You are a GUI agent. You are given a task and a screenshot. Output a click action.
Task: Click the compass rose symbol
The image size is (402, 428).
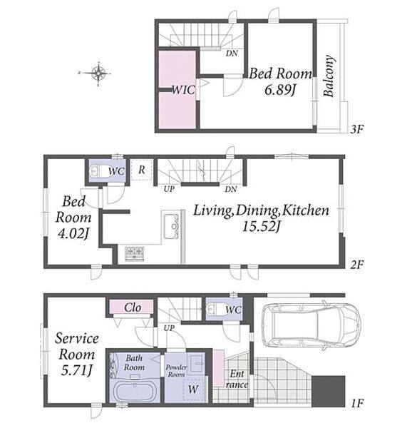click(98, 73)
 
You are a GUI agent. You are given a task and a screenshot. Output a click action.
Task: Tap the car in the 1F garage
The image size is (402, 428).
click(311, 324)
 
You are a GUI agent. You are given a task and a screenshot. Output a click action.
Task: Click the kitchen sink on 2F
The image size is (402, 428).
click(171, 226)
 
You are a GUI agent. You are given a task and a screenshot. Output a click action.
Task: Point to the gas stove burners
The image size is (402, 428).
click(135, 254)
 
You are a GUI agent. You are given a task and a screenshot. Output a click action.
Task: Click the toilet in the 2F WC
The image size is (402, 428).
click(99, 171)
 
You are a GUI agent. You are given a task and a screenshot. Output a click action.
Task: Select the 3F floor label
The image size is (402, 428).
click(357, 129)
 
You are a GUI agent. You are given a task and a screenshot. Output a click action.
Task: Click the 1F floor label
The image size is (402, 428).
click(357, 403)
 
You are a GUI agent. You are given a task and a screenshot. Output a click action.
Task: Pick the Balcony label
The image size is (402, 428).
click(329, 76)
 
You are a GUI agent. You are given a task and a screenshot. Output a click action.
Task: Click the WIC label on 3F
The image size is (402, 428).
click(183, 90)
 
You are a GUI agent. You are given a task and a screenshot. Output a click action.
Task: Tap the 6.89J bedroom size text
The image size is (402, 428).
click(280, 90)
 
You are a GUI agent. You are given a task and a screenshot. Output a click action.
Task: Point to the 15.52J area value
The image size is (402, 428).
click(262, 226)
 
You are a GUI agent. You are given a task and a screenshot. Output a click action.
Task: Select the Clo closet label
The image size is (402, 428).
click(133, 307)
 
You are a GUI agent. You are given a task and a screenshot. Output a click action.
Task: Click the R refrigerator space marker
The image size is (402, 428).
click(142, 170)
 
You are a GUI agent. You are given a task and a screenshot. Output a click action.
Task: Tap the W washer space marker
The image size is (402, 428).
click(193, 389)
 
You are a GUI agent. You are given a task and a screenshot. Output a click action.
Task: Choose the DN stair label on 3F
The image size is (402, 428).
click(232, 53)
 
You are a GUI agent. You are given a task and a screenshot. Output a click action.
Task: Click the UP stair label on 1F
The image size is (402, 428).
click(169, 327)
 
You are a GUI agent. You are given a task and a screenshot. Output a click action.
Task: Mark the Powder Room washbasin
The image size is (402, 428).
click(197, 363)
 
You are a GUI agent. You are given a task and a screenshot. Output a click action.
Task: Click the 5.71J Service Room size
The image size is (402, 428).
click(77, 370)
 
